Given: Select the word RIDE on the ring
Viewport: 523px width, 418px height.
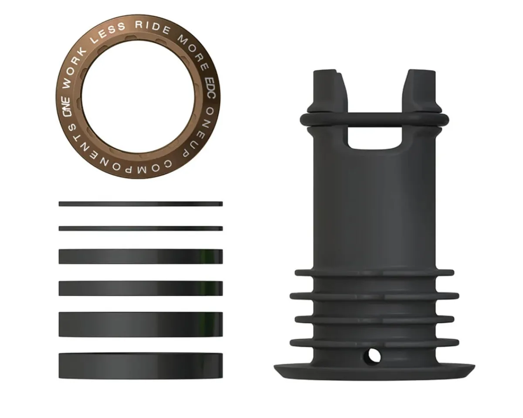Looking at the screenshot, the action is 153,27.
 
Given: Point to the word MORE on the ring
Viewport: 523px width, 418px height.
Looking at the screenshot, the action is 193,51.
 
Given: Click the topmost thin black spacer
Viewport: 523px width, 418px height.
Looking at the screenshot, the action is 141,204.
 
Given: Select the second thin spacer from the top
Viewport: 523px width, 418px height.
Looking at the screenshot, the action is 141,229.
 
